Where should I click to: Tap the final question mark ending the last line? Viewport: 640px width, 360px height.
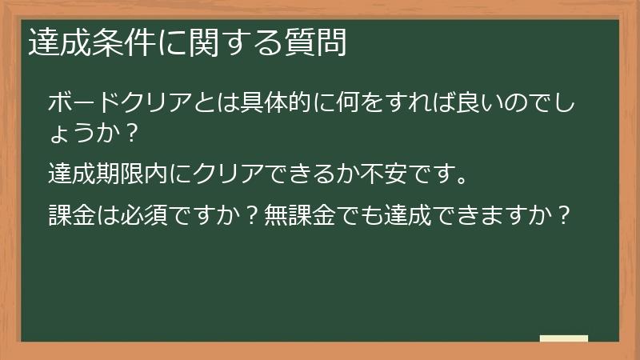point(565,214)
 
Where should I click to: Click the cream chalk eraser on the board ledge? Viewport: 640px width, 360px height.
point(564,338)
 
